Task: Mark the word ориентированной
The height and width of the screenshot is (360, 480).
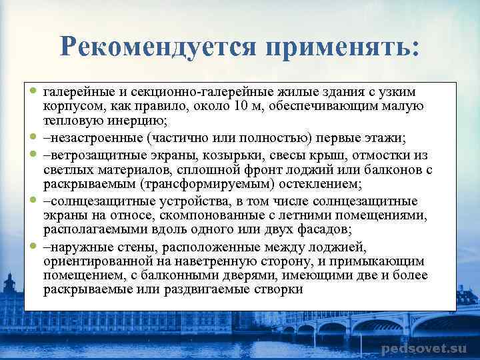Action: pyautogui.click(x=95, y=261)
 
